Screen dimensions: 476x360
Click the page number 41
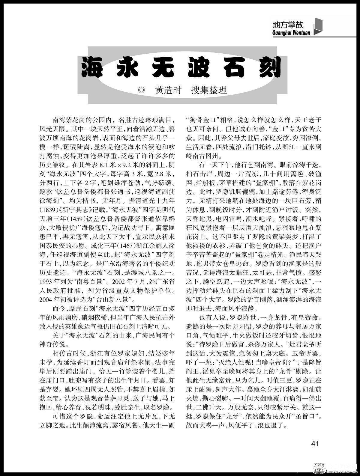(315, 443)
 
